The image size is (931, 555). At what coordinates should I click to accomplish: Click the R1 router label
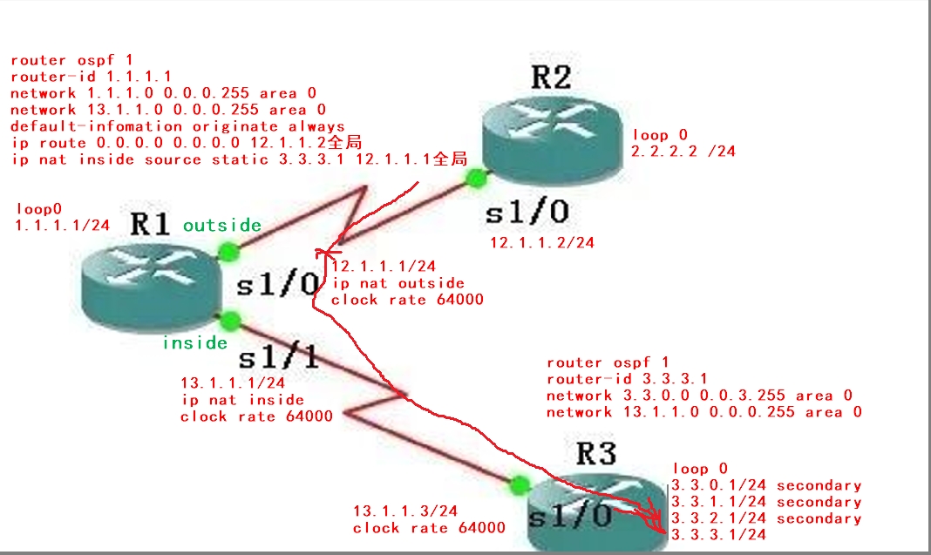tap(150, 225)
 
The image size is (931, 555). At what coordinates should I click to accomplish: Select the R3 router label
tap(596, 454)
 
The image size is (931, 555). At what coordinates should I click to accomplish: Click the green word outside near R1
tap(222, 225)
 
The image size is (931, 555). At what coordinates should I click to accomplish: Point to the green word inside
tap(194, 342)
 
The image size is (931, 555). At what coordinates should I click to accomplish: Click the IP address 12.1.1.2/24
tap(542, 242)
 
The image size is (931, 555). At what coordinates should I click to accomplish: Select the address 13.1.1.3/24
tap(405, 511)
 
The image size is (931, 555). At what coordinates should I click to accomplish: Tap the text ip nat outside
tap(398, 283)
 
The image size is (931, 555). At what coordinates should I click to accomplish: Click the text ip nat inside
tap(243, 400)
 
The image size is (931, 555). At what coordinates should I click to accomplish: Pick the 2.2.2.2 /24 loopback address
tap(683, 152)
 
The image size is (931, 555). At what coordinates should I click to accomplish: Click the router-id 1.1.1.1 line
tap(91, 77)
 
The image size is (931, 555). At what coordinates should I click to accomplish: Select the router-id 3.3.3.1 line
tap(627, 379)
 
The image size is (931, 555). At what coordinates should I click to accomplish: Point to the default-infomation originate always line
tap(178, 126)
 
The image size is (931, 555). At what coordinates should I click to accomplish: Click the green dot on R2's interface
tap(476, 178)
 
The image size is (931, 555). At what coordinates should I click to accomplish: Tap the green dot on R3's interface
tap(520, 485)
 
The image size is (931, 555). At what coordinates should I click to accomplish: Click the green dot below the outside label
tap(228, 253)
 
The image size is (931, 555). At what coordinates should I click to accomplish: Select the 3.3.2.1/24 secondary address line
tap(766, 518)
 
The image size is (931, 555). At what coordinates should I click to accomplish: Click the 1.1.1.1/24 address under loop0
tap(63, 225)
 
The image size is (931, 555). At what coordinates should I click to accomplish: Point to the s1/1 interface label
tap(278, 358)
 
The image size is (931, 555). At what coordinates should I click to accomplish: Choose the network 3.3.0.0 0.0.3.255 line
tap(699, 396)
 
